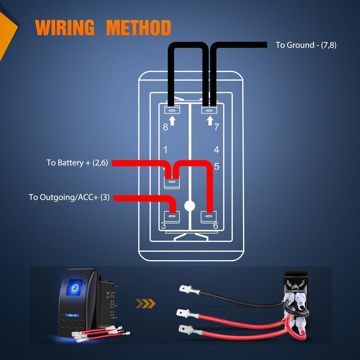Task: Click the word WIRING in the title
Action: pos(65,28)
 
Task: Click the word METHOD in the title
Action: pos(138,28)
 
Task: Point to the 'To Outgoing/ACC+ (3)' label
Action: pos(69,197)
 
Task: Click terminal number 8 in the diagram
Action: pos(165,127)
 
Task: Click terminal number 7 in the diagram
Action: pos(216,127)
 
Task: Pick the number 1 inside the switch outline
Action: pos(165,150)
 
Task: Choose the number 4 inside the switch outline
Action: pos(216,150)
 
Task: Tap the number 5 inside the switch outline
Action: pos(216,166)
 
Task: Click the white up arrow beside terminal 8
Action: pos(172,121)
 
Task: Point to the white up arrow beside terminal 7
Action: pos(210,120)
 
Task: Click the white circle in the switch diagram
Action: pos(189,206)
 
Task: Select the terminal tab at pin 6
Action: pos(209,217)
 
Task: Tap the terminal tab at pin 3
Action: pos(172,217)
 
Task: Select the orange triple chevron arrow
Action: pos(145,303)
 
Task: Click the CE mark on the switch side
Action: pos(108,294)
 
